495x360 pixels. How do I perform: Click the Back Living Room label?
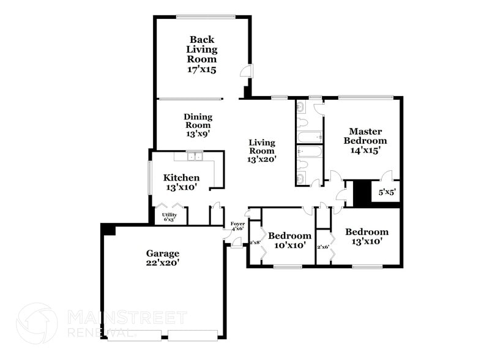click(x=201, y=54)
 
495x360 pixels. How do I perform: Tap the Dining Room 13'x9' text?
click(x=198, y=125)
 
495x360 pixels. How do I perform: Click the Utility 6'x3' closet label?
click(x=169, y=217)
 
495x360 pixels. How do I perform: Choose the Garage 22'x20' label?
click(x=162, y=258)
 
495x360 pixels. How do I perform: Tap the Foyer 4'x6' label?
click(x=237, y=226)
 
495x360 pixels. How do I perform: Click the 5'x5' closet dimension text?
click(x=387, y=192)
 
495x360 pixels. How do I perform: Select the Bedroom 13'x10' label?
click(x=366, y=236)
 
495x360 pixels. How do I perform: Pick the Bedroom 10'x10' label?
click(x=289, y=240)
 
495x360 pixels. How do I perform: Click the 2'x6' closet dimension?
click(x=323, y=247)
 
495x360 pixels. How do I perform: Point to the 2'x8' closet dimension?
click(x=255, y=243)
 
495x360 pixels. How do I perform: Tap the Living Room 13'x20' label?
click(x=261, y=151)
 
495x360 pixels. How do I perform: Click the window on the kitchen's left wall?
click(x=150, y=179)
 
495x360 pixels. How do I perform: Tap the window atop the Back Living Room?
click(x=204, y=17)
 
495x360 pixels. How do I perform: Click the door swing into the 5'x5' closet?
click(x=387, y=177)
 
